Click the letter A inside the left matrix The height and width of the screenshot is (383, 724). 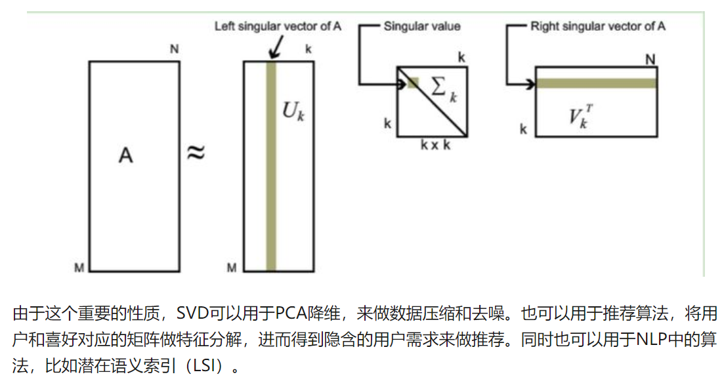pos(125,155)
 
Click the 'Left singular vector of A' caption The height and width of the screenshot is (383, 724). pos(278,26)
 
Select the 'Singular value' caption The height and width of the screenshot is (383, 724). pos(422,26)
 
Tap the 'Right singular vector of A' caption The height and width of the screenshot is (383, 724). pos(598,26)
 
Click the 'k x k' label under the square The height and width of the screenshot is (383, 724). pos(435,145)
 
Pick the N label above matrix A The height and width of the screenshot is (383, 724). pos(174,50)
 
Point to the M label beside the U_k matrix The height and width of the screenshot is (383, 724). pos(231,267)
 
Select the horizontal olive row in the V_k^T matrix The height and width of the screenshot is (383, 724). pos(596,83)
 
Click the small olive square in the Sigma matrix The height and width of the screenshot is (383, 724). pos(413,83)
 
